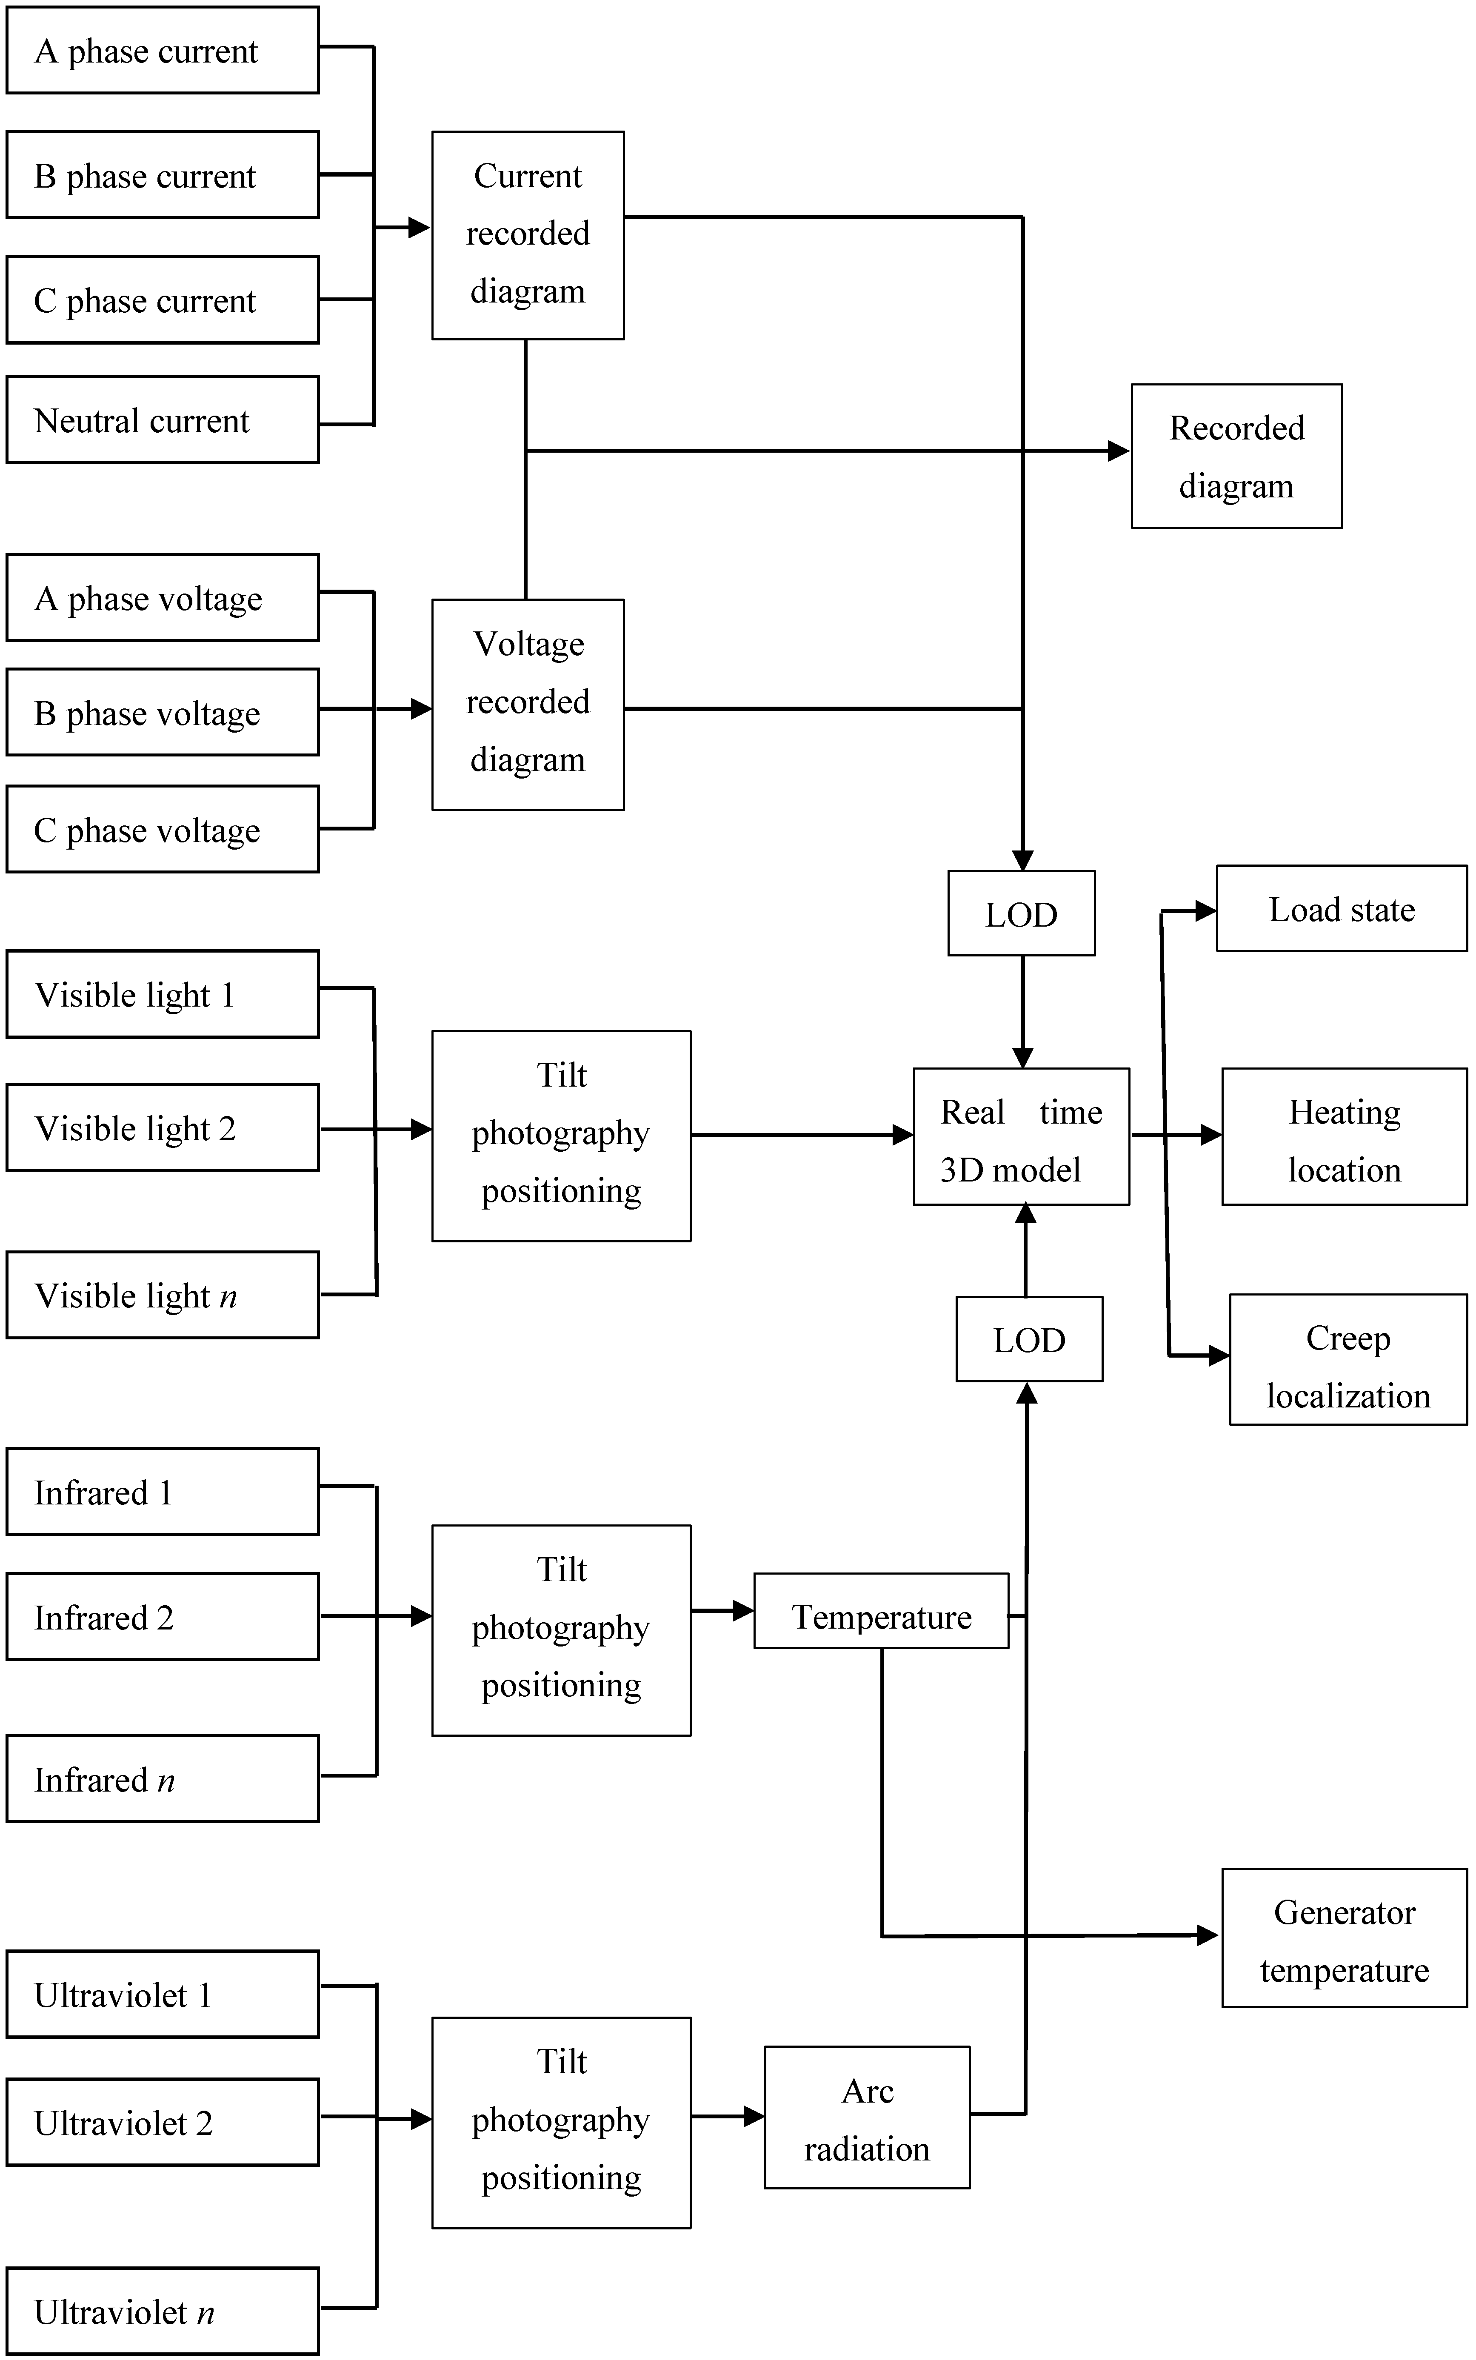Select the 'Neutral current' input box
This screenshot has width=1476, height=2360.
(x=162, y=419)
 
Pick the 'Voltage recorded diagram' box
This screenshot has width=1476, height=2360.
(x=527, y=704)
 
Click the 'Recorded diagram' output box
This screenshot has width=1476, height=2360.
(x=1236, y=456)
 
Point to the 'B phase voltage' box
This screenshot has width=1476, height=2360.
(x=162, y=713)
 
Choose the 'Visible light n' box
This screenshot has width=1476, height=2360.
(x=162, y=1295)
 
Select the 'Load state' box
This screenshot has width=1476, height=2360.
(x=1340, y=909)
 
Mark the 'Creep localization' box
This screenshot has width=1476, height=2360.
(x=1347, y=1360)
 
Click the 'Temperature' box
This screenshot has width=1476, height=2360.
(x=880, y=1616)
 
